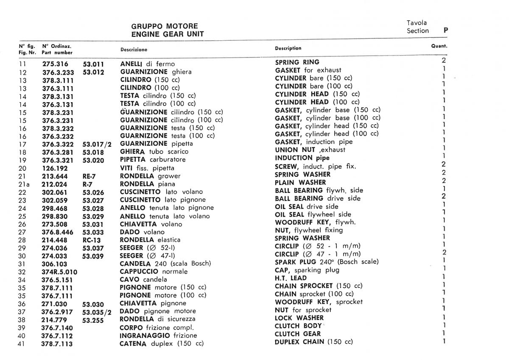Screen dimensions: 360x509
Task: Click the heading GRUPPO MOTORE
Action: (x=164, y=26)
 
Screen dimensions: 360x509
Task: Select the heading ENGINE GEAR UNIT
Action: (x=167, y=34)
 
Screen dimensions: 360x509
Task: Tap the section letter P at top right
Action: (x=445, y=31)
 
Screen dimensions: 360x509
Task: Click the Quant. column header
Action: (x=439, y=46)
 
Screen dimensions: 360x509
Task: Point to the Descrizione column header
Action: (x=134, y=50)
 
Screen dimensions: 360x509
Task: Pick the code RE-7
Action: (x=89, y=176)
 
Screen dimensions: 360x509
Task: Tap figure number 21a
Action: (x=24, y=184)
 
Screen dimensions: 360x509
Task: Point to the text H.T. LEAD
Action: (x=291, y=278)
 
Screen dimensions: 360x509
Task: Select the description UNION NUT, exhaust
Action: (x=310, y=150)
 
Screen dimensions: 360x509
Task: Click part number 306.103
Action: (x=55, y=264)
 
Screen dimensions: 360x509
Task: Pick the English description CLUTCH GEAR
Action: (x=298, y=334)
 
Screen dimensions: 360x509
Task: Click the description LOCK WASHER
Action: (x=299, y=318)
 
